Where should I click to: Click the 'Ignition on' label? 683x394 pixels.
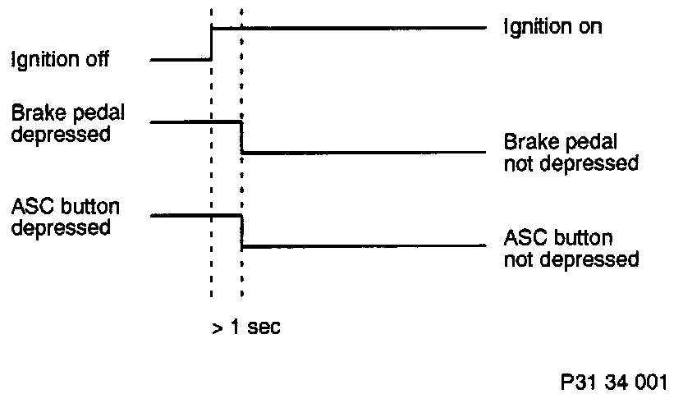(552, 27)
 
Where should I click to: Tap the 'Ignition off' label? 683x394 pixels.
(60, 59)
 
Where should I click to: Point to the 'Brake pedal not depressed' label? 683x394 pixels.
(571, 152)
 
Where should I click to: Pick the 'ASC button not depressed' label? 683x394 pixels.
(571, 249)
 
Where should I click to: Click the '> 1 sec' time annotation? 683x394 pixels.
(246, 328)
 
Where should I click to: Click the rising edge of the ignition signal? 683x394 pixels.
(212, 44)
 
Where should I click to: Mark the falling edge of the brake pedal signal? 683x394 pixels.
(241, 137)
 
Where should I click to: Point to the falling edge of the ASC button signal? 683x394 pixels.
(241, 231)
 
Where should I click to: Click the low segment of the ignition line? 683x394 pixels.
(181, 60)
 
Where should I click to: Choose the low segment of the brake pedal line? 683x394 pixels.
(361, 152)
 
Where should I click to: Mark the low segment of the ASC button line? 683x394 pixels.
(361, 245)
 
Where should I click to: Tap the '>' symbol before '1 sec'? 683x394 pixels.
(217, 328)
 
